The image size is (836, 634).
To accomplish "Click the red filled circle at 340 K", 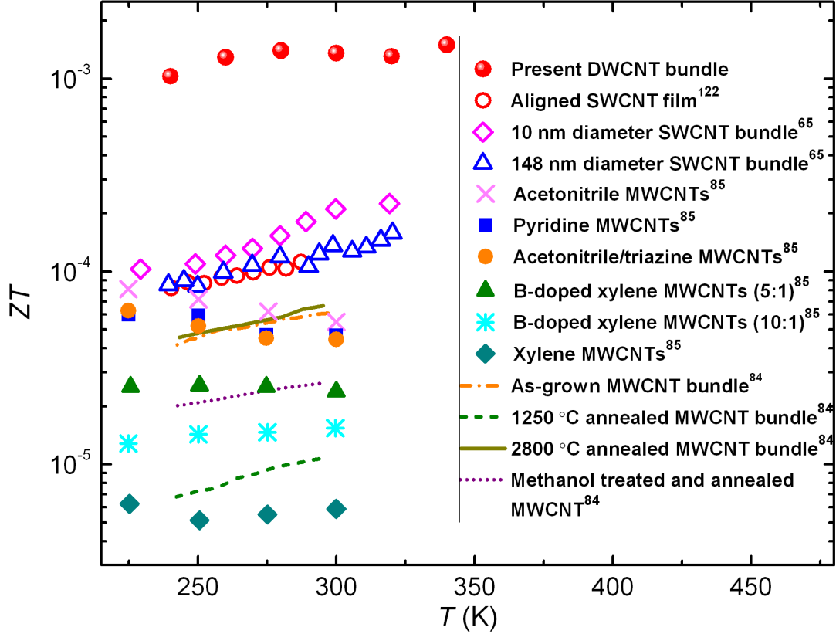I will tap(446, 45).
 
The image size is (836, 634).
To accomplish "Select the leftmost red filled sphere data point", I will tap(171, 76).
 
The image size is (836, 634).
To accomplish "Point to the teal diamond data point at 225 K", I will tap(130, 504).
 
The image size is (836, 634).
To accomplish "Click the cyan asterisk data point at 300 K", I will tap(335, 428).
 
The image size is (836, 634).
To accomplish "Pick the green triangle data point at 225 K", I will tap(130, 385).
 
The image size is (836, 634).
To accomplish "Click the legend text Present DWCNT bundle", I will tap(620, 68).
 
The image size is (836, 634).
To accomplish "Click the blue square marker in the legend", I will tap(485, 225).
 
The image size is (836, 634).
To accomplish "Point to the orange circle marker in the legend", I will tap(485, 254).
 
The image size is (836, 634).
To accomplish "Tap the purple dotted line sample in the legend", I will tap(485, 480).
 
